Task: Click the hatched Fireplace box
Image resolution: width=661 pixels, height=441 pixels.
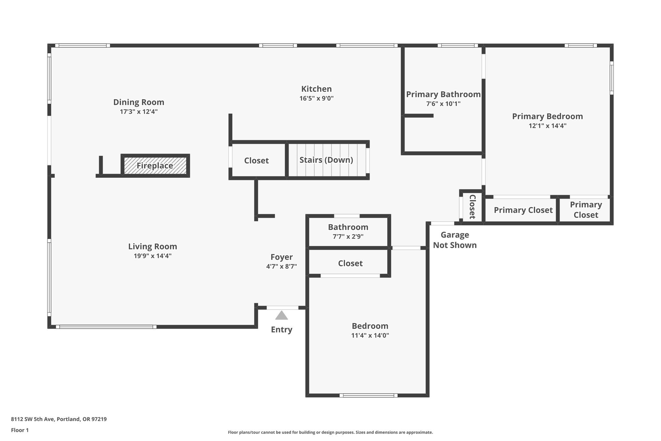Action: point(155,166)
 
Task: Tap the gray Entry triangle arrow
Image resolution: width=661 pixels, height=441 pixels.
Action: point(281,315)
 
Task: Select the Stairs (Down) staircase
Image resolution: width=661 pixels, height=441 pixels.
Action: point(326,160)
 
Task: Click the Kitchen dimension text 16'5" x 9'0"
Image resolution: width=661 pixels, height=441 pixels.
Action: point(316,99)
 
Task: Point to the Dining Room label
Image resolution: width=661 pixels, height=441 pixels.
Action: point(138,102)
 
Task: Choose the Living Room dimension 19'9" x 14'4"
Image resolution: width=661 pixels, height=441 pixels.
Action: point(152,256)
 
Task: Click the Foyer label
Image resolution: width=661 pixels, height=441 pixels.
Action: point(281,257)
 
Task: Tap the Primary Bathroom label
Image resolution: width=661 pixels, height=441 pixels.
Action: point(443,94)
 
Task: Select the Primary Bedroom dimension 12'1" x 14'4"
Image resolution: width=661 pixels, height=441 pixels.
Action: point(547,126)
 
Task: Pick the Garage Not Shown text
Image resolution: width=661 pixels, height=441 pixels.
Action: point(454,240)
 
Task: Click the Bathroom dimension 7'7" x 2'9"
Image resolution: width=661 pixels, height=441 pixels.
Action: point(348,236)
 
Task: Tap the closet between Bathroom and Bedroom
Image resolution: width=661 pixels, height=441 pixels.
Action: point(350,263)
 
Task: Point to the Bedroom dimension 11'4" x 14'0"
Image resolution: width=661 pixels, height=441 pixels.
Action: point(370,336)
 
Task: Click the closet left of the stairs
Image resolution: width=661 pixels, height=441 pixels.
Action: point(256,161)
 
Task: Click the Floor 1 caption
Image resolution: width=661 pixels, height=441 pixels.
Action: point(20,430)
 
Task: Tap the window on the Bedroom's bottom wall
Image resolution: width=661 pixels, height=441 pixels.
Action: point(368,395)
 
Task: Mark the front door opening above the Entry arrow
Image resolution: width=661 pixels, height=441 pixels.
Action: point(282,308)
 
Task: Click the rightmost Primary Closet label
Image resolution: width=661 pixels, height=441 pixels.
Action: point(585,210)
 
